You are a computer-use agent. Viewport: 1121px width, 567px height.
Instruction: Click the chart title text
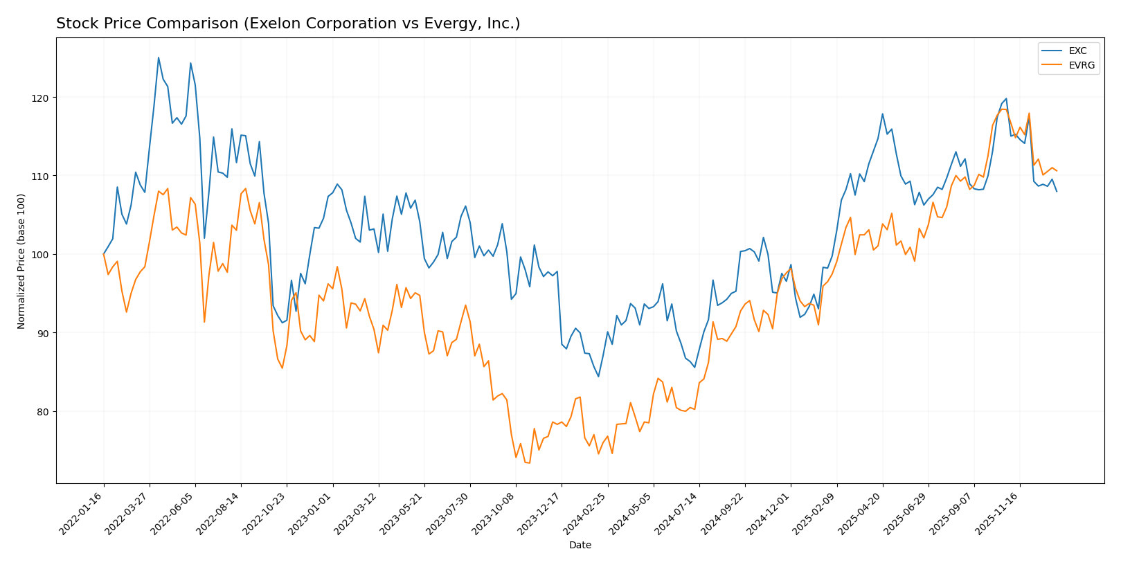288,24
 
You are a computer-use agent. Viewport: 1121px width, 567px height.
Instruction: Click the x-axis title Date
580,546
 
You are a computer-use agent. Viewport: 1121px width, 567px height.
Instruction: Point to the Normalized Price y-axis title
21,261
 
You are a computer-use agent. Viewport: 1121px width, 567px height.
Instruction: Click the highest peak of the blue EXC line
159,57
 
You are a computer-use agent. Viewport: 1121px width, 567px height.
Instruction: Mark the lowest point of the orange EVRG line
529,462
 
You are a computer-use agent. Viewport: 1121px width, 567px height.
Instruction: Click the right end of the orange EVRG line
1057,171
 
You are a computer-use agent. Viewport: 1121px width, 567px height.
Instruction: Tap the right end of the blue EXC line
1057,191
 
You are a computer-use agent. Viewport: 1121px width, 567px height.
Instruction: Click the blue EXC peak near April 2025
882,114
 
